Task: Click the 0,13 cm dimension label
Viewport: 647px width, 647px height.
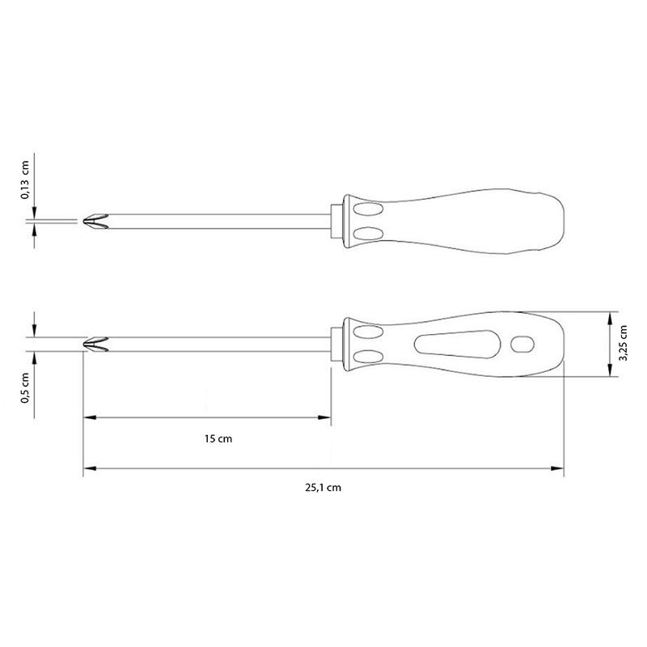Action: pos(25,180)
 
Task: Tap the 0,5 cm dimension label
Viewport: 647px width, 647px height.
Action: pos(25,388)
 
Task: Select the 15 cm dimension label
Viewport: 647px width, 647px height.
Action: pos(218,438)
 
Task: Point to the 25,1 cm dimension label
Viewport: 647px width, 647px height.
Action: pos(323,488)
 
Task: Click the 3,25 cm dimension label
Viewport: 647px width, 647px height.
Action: pos(623,343)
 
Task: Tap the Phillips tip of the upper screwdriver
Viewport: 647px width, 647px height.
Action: pos(95,221)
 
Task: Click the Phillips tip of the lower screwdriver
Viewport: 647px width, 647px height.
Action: pos(95,345)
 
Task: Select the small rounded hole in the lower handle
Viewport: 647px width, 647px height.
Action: pos(522,345)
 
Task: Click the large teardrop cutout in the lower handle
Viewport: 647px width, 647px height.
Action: pos(457,345)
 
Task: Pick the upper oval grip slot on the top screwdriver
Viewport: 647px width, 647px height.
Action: pos(368,209)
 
